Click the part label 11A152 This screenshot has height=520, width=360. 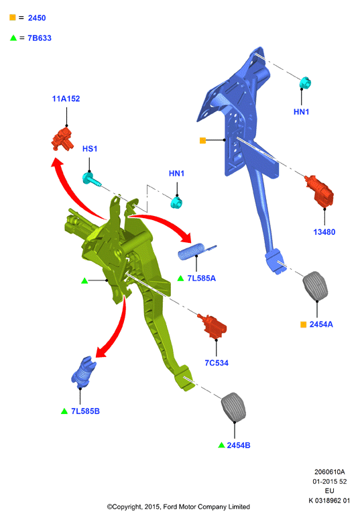66,99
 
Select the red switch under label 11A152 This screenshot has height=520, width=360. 62,140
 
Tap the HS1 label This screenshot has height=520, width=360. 90,149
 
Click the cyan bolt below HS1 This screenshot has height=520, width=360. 91,179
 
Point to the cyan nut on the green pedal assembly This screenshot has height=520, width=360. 176,202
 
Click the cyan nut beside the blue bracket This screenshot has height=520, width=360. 305,83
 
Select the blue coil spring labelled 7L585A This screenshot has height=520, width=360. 197,251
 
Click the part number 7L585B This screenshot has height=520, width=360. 86,411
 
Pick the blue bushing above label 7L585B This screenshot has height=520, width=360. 83,372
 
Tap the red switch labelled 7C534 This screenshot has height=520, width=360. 213,325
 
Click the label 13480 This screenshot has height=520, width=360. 324,232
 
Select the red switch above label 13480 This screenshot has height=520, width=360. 320,192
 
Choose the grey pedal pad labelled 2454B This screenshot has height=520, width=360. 234,407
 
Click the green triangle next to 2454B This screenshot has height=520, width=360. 221,445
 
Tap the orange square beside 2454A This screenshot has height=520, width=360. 303,324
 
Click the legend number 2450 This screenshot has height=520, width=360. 37,18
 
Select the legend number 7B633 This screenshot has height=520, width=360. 40,38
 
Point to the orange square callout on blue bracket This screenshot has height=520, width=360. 203,140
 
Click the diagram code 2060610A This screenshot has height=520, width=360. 330,472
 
